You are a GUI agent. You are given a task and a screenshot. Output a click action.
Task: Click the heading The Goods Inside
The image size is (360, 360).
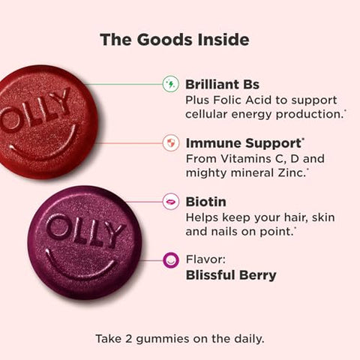point(180,39)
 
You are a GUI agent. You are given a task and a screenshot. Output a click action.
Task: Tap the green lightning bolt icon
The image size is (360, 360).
point(170,84)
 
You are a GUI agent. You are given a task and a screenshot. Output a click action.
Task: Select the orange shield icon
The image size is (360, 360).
point(170,142)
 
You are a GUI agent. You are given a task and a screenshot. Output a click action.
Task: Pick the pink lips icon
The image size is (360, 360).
point(170,201)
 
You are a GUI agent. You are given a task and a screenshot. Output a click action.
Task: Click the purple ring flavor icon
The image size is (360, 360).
point(170,260)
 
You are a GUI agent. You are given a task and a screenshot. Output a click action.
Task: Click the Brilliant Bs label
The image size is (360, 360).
point(222,84)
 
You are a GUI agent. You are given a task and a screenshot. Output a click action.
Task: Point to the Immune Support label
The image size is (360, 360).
point(236,142)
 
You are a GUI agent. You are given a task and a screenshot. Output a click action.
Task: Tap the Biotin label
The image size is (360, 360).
point(205,201)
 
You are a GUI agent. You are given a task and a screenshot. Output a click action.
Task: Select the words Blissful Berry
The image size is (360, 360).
point(231,275)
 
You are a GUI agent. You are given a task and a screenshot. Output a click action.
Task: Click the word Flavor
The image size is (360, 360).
point(205,259)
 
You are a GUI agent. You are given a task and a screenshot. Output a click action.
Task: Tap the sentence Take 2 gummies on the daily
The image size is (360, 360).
point(180,338)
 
